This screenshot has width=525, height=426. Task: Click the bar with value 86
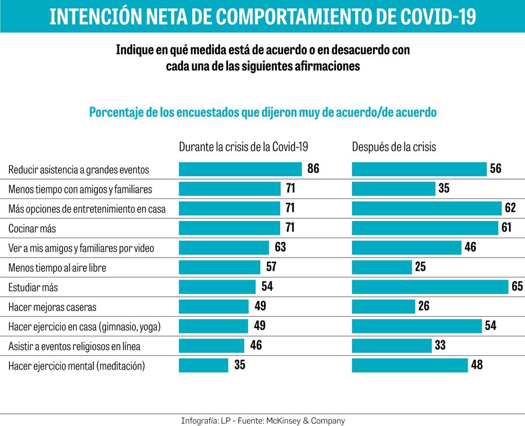pos(240,169)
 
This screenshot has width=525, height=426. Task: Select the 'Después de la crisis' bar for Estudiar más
pos(429,287)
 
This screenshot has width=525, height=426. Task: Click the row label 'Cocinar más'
pos(32,229)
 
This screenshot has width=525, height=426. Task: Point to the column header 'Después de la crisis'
pos(394,147)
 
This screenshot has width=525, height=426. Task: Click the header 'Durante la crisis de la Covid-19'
pos(243,147)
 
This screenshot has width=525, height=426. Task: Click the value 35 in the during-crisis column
pos(239,365)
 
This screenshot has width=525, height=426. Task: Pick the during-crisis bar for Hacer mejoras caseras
pos(214,307)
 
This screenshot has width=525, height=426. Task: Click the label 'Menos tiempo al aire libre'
pos(57,268)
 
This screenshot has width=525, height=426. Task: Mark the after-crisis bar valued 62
pos(426,208)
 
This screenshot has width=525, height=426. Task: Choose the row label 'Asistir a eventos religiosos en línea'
pos(74,346)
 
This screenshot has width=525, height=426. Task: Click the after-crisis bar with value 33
pos(391,346)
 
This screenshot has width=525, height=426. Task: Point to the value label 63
pos(280,248)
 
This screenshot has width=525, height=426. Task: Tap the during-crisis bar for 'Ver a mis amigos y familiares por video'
pos(223,248)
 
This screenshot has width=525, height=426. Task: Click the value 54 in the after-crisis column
pos(490,326)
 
